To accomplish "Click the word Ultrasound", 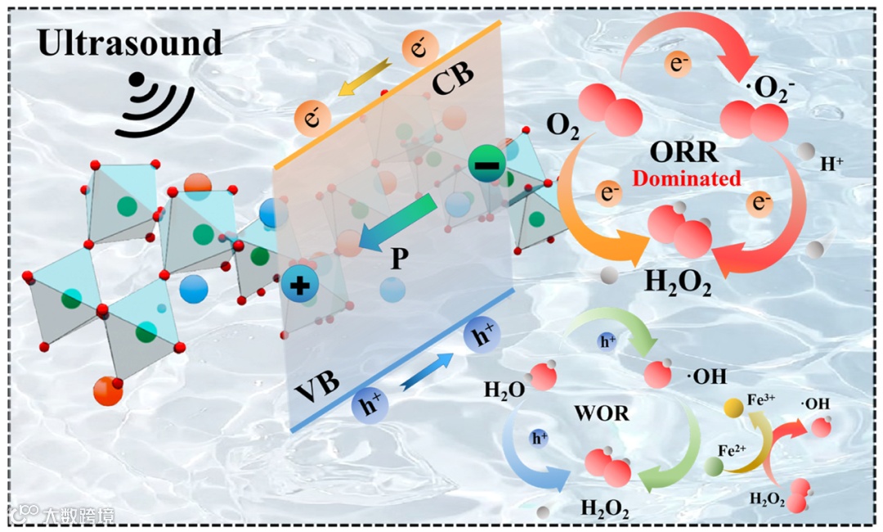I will pos(130,43).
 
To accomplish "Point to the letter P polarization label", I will pos(399,259).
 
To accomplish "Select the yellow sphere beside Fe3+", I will pos(733,407).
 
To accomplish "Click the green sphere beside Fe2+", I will pos(714,467).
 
